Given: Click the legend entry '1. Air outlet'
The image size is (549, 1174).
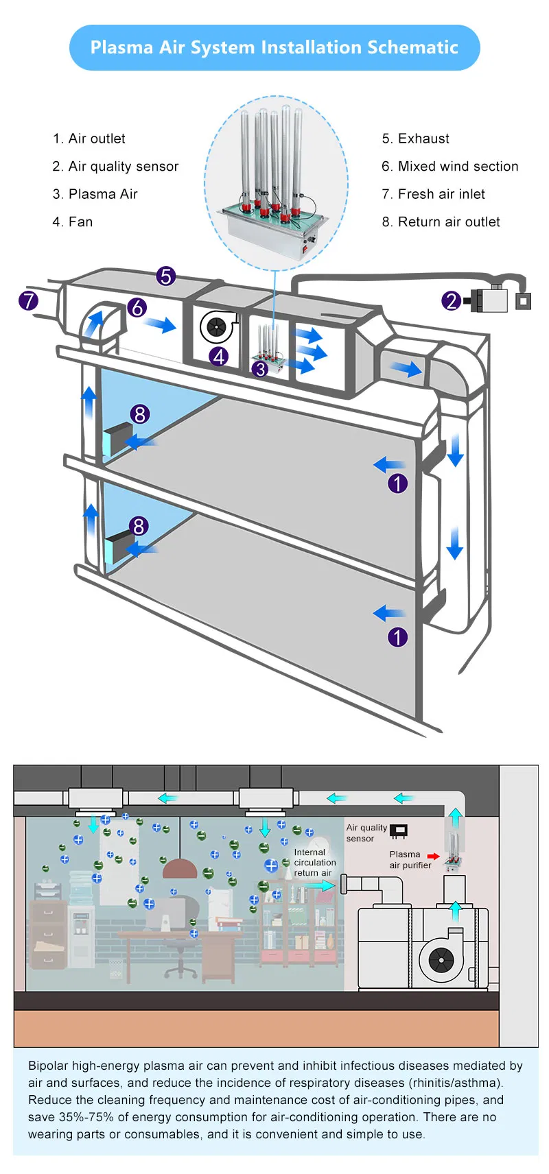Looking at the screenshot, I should pos(89,139).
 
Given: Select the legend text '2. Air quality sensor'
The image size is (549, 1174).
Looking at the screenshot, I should pos(115,167).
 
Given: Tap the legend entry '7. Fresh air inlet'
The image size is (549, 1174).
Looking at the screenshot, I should pos(433,194).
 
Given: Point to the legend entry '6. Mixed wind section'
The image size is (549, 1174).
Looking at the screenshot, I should pos(450,167).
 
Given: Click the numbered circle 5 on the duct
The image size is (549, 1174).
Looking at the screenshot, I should pos(166,276).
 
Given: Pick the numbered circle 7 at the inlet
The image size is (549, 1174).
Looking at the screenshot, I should pos(28,300).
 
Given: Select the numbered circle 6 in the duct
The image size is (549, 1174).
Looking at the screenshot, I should pos(137,308).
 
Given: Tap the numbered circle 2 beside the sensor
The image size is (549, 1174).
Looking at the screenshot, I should pos(451,300).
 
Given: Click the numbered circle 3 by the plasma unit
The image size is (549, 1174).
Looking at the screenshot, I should pos(260,369).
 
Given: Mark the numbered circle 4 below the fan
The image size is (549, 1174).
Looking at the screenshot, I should pos(220,357).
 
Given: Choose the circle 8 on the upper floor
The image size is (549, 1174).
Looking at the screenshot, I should pos(140,414).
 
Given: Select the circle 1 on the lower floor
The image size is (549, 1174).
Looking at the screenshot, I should pos(398,637).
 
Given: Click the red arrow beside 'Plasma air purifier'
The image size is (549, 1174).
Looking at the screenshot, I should pos(433,856).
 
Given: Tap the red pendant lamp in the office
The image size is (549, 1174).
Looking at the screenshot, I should pos(179,869).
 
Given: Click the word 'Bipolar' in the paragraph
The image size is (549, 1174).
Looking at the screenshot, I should pos(48,1066).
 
